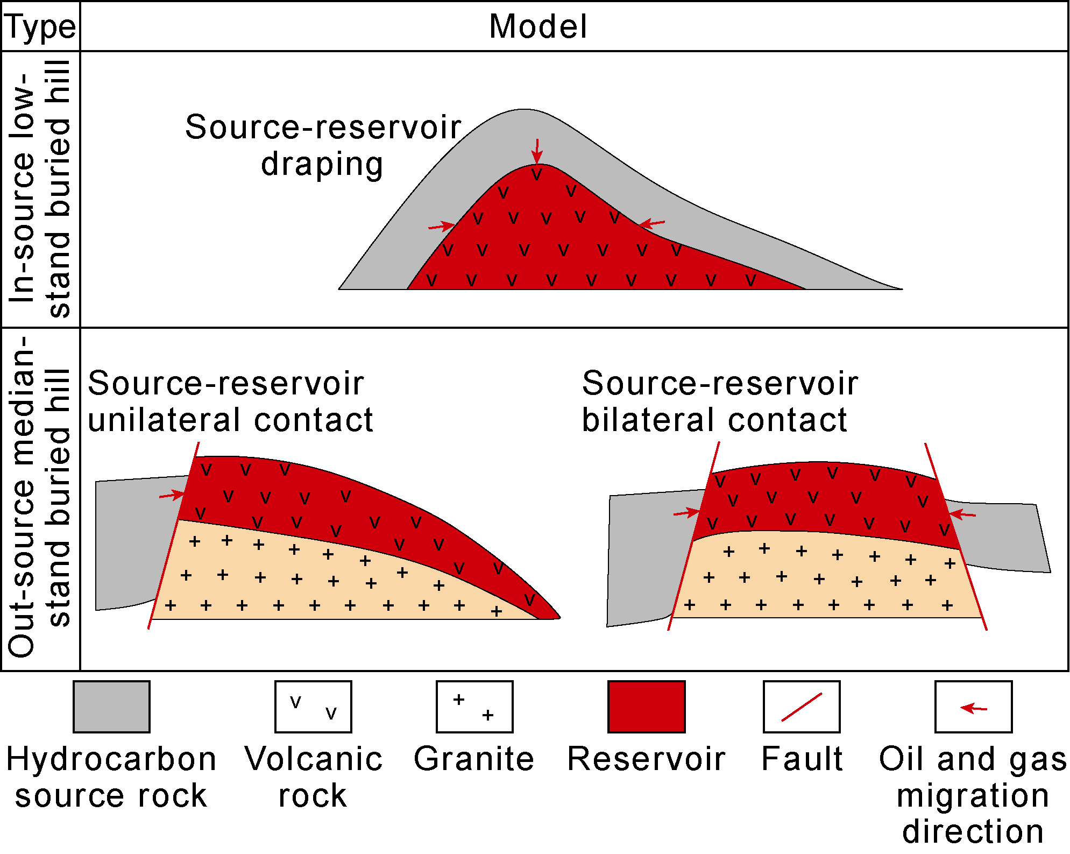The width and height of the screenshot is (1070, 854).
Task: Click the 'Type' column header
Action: [40, 27]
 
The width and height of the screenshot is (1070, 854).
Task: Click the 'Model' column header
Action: [538, 27]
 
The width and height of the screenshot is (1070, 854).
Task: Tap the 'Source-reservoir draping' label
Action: [323, 145]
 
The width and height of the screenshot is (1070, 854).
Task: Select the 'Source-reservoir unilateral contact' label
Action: [230, 401]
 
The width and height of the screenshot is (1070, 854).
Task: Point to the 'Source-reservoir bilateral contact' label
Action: [720, 401]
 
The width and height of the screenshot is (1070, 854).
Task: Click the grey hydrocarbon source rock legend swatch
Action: [111, 707]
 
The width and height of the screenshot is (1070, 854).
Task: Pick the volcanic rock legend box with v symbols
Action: [313, 707]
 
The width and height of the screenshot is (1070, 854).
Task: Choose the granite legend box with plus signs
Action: [474, 707]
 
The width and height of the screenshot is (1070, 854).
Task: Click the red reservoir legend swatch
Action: [646, 707]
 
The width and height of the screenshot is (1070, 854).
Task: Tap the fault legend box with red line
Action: [802, 707]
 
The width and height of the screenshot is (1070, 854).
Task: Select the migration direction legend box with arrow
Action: [973, 707]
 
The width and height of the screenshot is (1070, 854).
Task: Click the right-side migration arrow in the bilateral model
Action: [962, 514]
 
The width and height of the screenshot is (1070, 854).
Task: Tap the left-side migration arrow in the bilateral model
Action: [686, 513]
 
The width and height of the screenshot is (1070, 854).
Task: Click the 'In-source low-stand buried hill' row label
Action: [40, 188]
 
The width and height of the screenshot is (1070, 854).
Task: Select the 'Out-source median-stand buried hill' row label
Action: [40, 498]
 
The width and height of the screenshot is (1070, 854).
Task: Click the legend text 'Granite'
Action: [474, 759]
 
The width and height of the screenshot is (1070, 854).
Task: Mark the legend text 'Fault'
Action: [802, 759]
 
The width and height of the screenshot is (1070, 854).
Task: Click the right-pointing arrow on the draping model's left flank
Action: [442, 226]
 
